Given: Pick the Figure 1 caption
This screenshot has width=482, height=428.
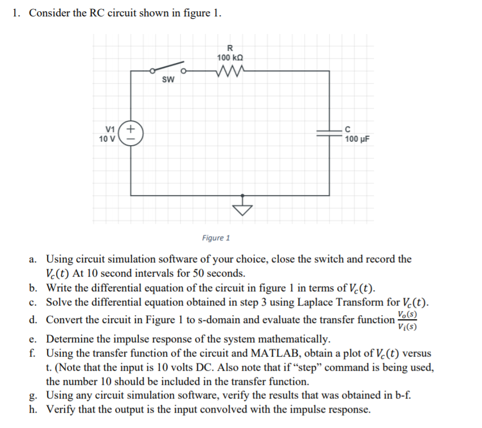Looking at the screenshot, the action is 216,238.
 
